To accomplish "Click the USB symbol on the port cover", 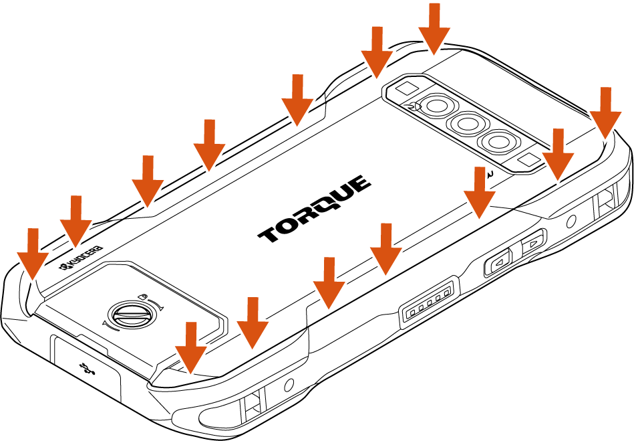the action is pos(87,368).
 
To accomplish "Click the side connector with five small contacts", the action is pos(430,302).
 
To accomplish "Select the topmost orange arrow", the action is pos(434,29).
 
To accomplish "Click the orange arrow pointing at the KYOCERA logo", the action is pos(75,221).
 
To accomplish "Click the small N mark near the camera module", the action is pos(490,174).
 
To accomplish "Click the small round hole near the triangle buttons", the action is pos(571,222).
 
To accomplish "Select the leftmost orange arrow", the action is pos(33,254).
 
